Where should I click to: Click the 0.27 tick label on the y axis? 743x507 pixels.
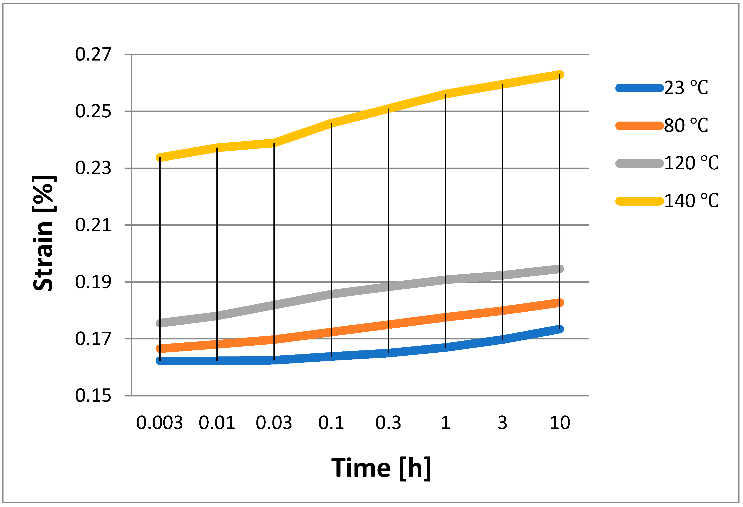pyautogui.click(x=93, y=54)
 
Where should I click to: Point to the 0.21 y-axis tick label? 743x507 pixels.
pyautogui.click(x=93, y=225)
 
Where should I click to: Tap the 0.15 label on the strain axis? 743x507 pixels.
pyautogui.click(x=93, y=396)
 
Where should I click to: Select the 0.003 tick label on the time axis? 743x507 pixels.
pyautogui.click(x=160, y=423)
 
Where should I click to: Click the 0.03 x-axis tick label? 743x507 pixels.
pyautogui.click(x=274, y=423)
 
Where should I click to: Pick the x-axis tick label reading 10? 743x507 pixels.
pyautogui.click(x=560, y=423)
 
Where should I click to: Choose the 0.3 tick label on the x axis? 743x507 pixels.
pyautogui.click(x=388, y=423)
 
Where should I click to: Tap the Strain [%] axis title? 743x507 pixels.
pyautogui.click(x=44, y=233)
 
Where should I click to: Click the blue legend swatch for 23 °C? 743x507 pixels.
pyautogui.click(x=639, y=88)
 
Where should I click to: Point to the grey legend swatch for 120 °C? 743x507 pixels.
pyautogui.click(x=639, y=163)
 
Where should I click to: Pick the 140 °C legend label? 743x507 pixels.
pyautogui.click(x=691, y=201)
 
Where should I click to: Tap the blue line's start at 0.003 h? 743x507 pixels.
pyautogui.click(x=160, y=361)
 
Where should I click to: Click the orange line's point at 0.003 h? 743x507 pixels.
pyautogui.click(x=160, y=348)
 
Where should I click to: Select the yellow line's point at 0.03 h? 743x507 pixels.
pyautogui.click(x=274, y=143)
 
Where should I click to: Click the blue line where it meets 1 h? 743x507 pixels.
pyautogui.click(x=446, y=347)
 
